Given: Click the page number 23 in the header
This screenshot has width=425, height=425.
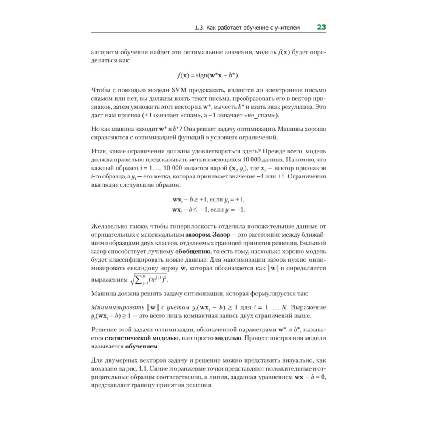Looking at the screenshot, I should (x=321, y=28).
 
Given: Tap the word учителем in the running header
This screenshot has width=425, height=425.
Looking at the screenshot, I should (x=287, y=28).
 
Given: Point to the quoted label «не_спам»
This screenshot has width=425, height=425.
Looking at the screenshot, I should (x=264, y=115).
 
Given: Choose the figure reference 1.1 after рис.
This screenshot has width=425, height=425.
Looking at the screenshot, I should (x=146, y=369).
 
